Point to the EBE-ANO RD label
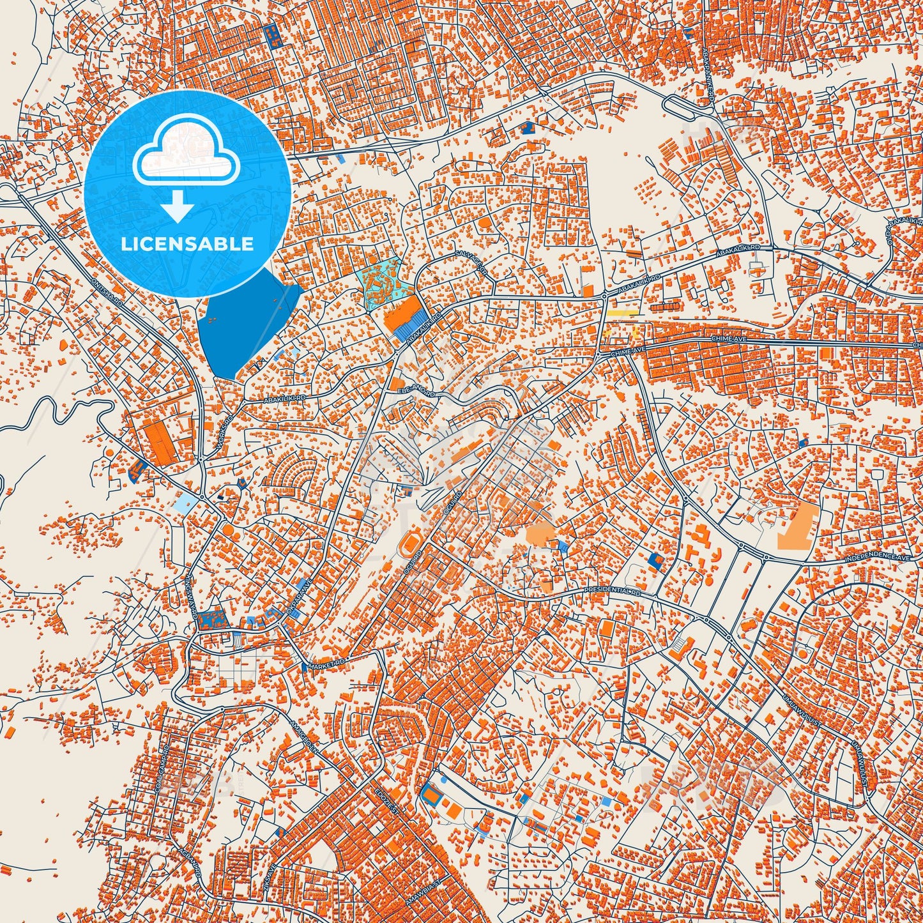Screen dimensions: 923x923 tap(416, 390)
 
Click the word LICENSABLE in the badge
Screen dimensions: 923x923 tap(188, 244)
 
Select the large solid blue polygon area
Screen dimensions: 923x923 tap(243, 326)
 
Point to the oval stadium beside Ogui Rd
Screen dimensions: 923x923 tap(409, 545)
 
